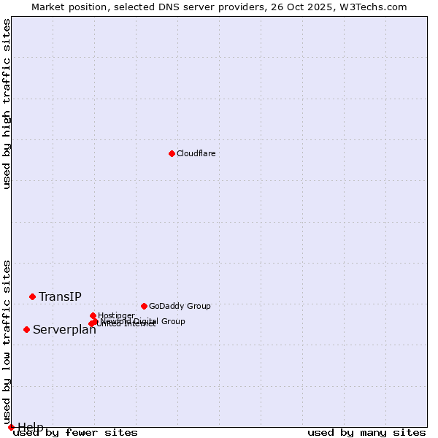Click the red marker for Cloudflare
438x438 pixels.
click(172, 153)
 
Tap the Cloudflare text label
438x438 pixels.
click(196, 153)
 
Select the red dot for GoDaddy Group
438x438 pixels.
click(144, 306)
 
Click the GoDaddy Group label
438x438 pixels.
click(180, 306)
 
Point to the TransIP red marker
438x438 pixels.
click(32, 296)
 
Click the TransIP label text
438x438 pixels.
click(60, 296)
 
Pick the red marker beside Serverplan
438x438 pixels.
click(26, 329)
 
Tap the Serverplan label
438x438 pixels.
click(64, 329)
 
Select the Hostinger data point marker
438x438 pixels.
click(93, 315)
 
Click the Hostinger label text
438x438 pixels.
click(116, 315)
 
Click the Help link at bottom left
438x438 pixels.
click(31, 427)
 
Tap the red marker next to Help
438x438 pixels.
click(11, 427)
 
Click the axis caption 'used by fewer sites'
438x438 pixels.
click(76, 432)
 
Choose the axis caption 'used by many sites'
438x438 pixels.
click(366, 432)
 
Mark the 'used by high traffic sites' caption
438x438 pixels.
click(7, 104)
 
